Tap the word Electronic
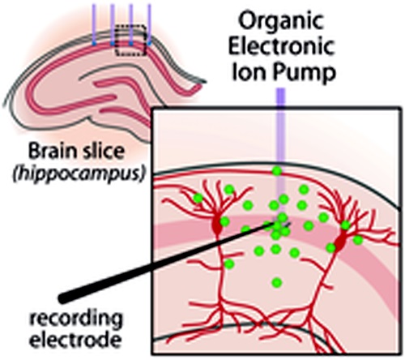[x=282, y=46]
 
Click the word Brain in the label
[x=50, y=151]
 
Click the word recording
[x=76, y=319]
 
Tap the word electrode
[x=75, y=339]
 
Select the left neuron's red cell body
[x=217, y=226]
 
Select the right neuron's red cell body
[x=340, y=242]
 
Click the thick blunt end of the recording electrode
[x=63, y=298]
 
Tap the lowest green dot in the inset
[x=277, y=283]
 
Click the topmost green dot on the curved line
[x=277, y=171]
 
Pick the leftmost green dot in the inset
[x=198, y=199]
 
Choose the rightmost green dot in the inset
[x=358, y=240]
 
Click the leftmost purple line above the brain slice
[x=94, y=25]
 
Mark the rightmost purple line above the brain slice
[x=149, y=25]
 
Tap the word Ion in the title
[x=249, y=72]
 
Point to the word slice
[x=100, y=151]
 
